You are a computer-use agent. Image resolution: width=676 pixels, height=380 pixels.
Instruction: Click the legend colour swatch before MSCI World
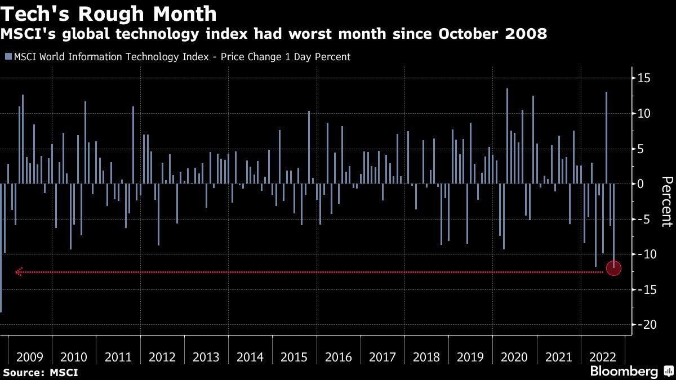8,56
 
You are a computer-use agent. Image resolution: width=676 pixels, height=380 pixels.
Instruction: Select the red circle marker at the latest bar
613,268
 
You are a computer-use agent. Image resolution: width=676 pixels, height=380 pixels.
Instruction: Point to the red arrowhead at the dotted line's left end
19,272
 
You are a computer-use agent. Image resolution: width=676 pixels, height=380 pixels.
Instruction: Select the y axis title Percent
666,202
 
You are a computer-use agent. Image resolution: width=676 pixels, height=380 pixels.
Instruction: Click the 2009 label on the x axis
29,357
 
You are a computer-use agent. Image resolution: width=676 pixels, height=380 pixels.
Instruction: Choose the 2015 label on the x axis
293,357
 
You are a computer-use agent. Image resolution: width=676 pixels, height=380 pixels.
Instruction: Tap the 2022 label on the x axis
601,357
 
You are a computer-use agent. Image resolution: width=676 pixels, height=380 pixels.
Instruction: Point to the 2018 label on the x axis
426,357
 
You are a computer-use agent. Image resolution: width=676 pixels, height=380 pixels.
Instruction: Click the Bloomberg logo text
624,372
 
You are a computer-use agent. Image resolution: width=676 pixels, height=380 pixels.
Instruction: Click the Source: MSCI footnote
41,372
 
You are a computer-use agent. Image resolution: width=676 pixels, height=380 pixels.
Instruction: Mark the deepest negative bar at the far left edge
1,248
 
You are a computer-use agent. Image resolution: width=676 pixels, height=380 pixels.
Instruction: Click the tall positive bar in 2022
606,138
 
